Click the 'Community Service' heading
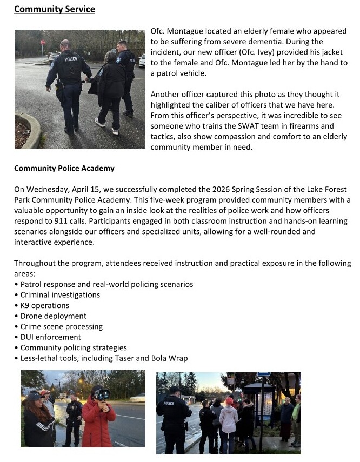click(x=54, y=9)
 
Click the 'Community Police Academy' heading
click(x=64, y=168)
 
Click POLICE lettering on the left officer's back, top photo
click(x=71, y=59)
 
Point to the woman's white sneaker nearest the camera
click(x=100, y=122)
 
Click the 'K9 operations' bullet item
click(x=45, y=305)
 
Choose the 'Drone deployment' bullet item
click(x=54, y=316)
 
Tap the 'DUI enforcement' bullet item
click(x=51, y=337)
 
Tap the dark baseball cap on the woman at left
click(x=33, y=396)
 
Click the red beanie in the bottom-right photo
click(x=229, y=401)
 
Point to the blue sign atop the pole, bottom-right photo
click(x=264, y=374)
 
